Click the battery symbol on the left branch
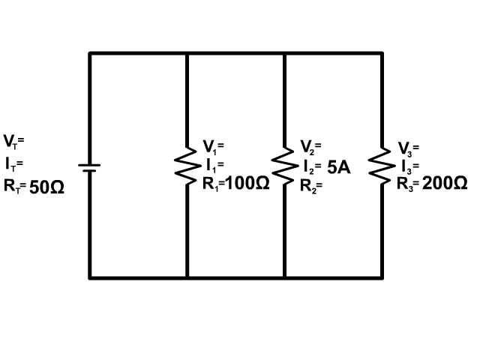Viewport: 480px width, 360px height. coord(89,166)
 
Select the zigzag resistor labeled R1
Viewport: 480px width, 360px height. coord(186,165)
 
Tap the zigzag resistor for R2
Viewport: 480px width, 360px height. coord(284,165)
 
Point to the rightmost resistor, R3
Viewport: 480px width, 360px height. coord(382,165)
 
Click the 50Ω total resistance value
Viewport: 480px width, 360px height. coord(47,188)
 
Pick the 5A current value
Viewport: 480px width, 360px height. coord(339,167)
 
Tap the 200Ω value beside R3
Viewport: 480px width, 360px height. coord(445,184)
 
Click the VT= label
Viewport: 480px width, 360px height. coord(13,140)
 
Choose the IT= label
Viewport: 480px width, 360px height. coord(13,162)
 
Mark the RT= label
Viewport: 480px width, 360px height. coord(15,186)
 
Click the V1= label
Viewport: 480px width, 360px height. coord(213,145)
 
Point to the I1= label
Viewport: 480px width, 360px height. coord(213,164)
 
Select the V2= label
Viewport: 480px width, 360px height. coord(310,145)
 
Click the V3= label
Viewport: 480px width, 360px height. coord(408,148)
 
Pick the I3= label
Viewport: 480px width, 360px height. coord(409,166)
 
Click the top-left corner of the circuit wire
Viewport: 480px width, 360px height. coord(90,53)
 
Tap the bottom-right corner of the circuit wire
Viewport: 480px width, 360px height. coord(382,277)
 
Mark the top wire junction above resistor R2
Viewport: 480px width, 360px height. coord(284,53)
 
